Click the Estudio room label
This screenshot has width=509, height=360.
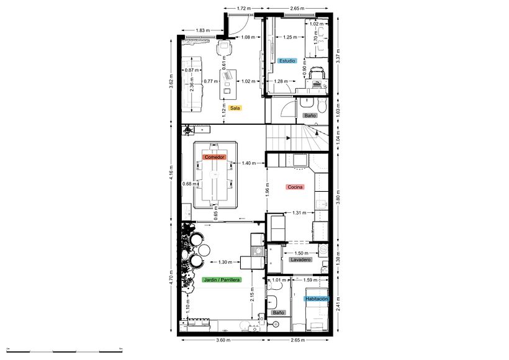(287, 61)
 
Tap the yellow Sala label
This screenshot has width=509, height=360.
(235, 107)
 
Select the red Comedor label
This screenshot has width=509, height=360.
(214, 158)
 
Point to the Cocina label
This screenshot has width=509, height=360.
(294, 186)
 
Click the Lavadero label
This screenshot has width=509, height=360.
(300, 260)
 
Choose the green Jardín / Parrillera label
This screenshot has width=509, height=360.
(222, 281)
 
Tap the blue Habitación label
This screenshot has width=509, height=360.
(316, 299)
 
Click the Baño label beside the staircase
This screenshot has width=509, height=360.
(309, 115)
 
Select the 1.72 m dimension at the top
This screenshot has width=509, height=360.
(243, 9)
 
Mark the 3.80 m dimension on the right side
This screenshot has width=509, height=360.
(338, 192)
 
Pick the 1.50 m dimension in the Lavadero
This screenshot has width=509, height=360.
(302, 253)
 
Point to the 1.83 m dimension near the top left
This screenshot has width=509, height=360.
(202, 30)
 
